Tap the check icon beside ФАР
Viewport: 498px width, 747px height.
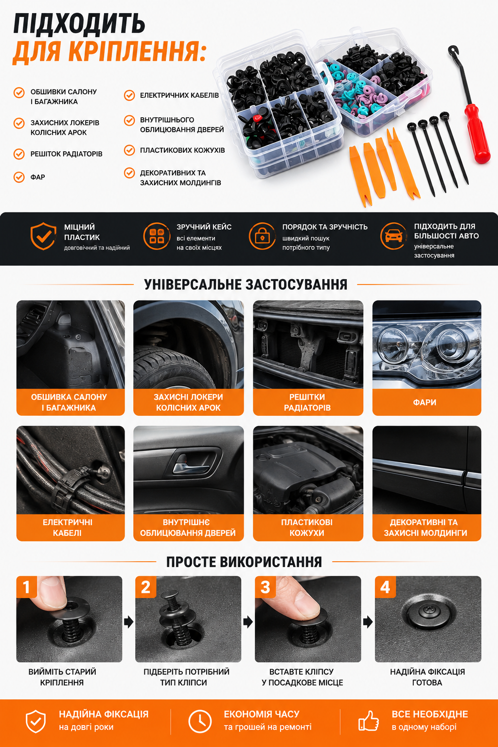coord(19,177)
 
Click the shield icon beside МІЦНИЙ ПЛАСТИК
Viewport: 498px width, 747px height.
coord(43,236)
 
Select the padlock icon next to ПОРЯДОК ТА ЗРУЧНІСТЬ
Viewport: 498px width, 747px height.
coord(262,236)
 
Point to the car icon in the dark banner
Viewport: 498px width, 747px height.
coord(393,236)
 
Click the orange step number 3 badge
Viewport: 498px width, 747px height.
coord(266,587)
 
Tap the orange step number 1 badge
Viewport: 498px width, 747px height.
coord(27,587)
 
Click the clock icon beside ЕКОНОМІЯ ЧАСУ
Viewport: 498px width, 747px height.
coord(200,722)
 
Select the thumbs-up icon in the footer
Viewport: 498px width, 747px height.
coord(369,721)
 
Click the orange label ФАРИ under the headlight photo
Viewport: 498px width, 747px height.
coord(425,402)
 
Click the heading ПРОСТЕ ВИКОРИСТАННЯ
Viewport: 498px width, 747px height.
coord(244,562)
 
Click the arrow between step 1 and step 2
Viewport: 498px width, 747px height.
coord(129,622)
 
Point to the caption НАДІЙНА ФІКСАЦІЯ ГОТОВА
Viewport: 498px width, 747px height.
coord(427,677)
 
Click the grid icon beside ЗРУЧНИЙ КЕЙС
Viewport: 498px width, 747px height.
coord(157,236)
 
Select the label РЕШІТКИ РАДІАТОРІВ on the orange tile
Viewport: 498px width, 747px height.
coord(307,402)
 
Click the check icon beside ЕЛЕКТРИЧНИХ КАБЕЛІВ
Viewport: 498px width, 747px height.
coord(129,95)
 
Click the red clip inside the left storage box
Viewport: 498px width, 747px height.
coord(257,118)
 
